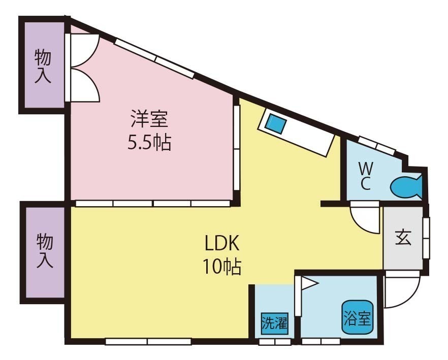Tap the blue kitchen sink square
276,123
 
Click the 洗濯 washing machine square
274,323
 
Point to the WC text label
365,175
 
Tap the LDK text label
221,244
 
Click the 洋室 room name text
148,120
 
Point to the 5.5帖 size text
148,143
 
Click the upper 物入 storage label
43,64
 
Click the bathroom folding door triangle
308,283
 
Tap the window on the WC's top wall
377,144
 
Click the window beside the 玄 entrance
426,238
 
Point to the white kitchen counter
297,134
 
